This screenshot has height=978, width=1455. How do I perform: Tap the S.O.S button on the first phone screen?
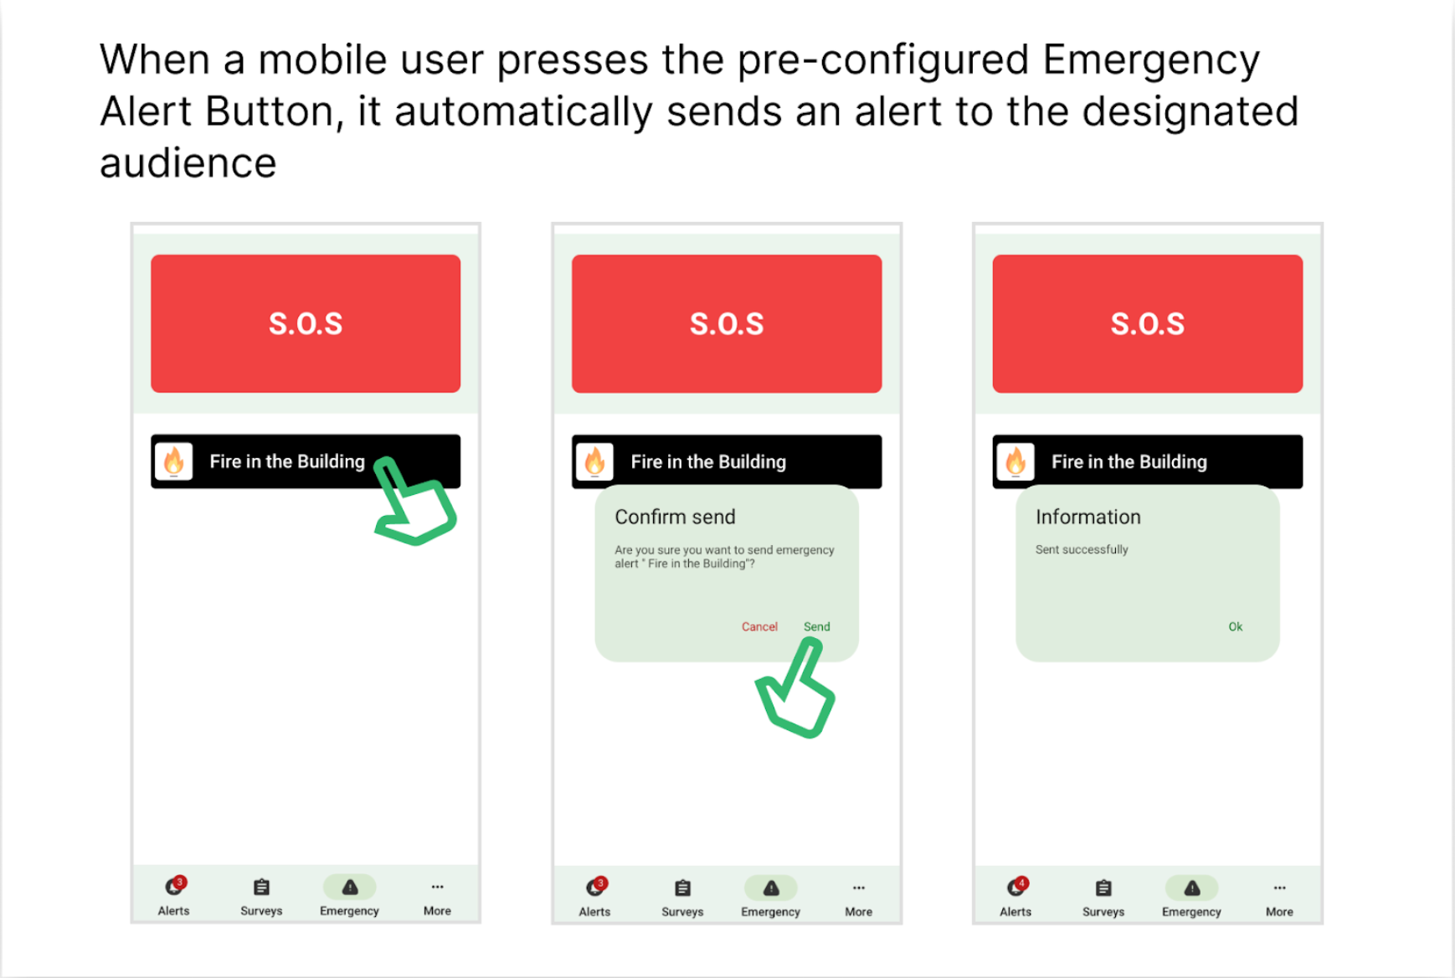coord(306,323)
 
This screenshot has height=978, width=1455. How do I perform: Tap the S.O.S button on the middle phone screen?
coord(727,323)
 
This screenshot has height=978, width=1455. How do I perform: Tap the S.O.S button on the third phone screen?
coord(1148,323)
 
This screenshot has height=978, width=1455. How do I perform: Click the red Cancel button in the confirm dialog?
coord(759,626)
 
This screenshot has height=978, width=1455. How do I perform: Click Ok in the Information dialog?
coord(1236,626)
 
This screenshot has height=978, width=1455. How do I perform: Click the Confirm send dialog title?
coord(675,517)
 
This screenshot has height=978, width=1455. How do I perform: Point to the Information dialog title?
coord(1088,517)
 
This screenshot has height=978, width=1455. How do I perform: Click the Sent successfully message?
coord(1082,549)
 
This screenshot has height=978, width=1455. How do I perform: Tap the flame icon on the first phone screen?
coord(174,461)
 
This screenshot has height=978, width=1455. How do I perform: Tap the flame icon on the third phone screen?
coord(1015,461)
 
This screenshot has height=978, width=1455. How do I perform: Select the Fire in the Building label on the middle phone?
coord(708,461)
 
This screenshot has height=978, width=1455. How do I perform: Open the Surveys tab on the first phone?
coord(261,896)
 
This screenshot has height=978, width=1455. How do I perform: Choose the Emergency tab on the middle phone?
coord(770,897)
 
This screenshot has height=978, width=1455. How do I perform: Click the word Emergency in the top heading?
coord(1151,60)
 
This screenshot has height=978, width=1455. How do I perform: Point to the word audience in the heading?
coord(188,163)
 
